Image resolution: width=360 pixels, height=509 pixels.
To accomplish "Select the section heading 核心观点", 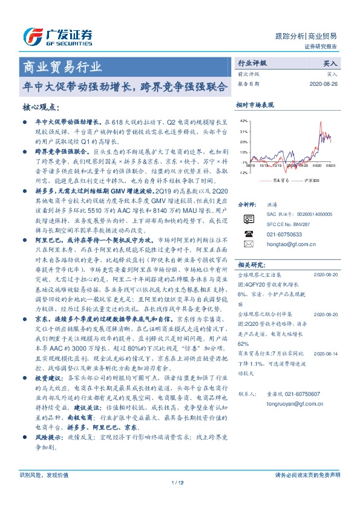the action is point(41,106).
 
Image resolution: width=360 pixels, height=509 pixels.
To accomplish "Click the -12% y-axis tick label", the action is point(243,172).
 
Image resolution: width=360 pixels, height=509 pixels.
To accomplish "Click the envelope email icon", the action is point(247,244).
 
